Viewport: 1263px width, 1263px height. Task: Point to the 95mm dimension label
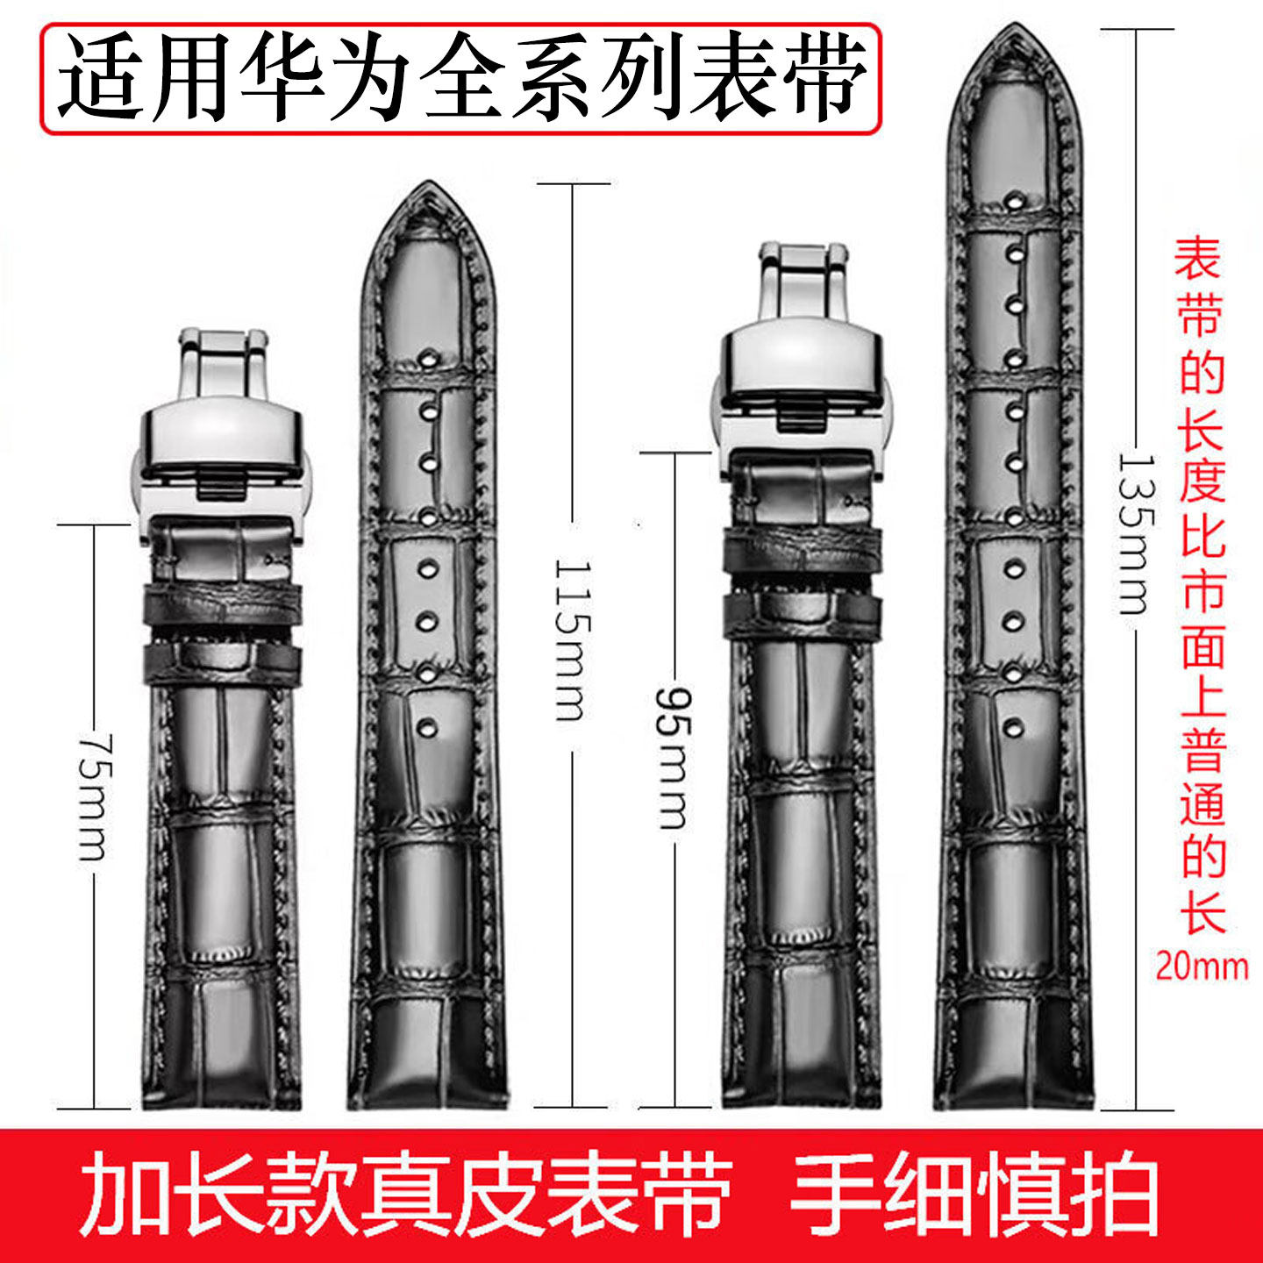pyautogui.click(x=674, y=758)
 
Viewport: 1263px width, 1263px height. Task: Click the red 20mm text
pyautogui.click(x=1201, y=966)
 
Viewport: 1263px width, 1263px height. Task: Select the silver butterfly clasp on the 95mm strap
pyautogui.click(x=800, y=368)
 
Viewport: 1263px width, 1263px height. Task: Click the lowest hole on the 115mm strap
pyautogui.click(x=428, y=727)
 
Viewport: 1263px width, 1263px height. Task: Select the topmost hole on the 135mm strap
pyautogui.click(x=1015, y=200)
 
